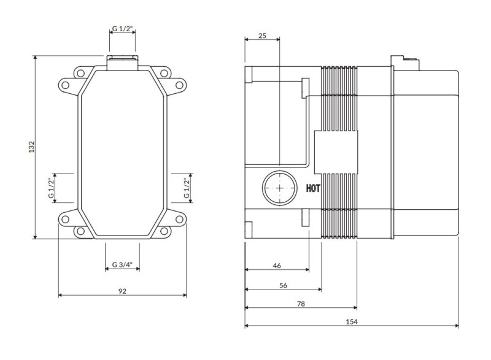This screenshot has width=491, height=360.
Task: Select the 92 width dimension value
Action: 122,291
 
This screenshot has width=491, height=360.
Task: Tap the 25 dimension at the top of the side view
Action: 262,36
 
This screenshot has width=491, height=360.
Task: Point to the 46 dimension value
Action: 276,266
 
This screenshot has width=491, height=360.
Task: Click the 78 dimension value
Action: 301,304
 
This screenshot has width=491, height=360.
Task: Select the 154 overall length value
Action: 352,322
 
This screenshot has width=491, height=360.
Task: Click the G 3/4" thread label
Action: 122,265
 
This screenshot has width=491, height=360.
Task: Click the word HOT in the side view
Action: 312,189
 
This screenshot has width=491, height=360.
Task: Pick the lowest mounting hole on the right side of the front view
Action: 165,231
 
